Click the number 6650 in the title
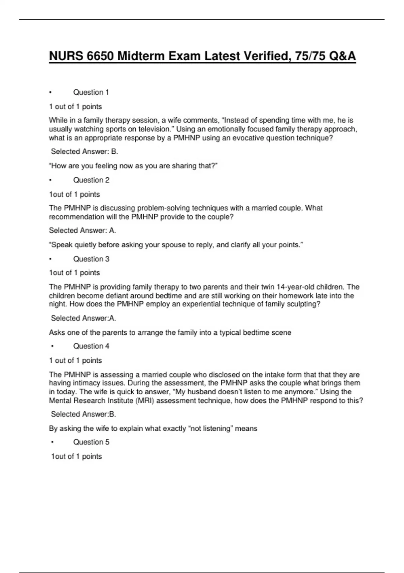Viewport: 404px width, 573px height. pyautogui.click(x=100, y=56)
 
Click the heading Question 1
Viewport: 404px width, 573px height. pyautogui.click(x=91, y=92)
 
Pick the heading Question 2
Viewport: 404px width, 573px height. pyautogui.click(x=91, y=180)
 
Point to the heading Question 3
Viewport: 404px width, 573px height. pyautogui.click(x=91, y=259)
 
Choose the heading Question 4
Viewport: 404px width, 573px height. pyautogui.click(x=91, y=346)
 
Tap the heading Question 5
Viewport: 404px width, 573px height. pyautogui.click(x=91, y=442)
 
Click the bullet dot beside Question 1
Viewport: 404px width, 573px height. pyautogui.click(x=50, y=92)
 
